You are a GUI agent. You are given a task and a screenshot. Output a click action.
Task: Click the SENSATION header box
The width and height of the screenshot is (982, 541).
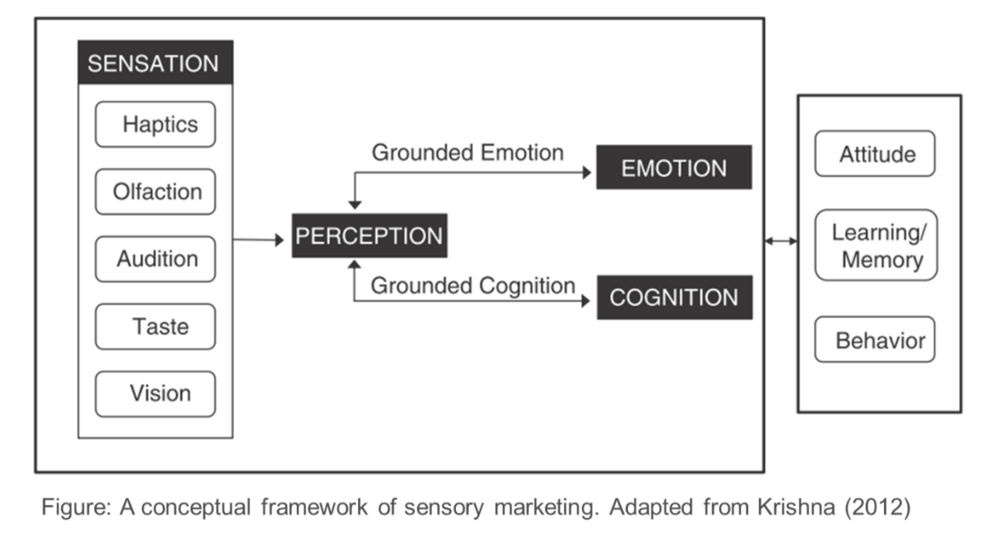(x=155, y=62)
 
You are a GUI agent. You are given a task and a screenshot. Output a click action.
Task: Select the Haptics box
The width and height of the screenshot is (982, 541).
(x=155, y=124)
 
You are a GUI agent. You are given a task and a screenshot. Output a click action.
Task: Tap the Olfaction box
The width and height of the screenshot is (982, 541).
(x=155, y=192)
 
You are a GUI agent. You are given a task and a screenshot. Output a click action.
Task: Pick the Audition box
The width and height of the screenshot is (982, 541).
(x=155, y=259)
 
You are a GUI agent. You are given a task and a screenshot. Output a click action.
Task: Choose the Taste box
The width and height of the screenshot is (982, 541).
(x=155, y=327)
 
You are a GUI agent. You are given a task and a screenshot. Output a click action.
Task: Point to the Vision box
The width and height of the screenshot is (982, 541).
(x=155, y=394)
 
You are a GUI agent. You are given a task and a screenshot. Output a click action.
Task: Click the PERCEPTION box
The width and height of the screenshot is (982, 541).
(x=369, y=236)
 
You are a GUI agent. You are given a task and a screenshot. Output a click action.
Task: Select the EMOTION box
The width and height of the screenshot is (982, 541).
(x=674, y=168)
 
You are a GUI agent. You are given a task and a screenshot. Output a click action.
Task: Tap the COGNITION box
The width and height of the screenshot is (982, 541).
(x=674, y=297)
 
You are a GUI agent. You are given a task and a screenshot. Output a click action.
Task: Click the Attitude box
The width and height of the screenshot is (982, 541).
(x=875, y=154)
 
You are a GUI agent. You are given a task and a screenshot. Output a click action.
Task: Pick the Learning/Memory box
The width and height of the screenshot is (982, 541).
(x=876, y=245)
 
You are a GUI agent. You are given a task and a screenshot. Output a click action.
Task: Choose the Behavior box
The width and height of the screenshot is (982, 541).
(x=875, y=339)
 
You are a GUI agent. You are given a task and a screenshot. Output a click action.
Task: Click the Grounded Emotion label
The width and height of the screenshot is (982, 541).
(x=468, y=153)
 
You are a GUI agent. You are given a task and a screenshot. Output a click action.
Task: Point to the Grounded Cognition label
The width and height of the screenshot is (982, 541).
(x=472, y=286)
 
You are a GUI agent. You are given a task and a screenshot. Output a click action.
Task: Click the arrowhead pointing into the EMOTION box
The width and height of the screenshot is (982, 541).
(x=587, y=173)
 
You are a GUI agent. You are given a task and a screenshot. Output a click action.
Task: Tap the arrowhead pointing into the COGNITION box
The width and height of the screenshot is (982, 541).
(x=586, y=301)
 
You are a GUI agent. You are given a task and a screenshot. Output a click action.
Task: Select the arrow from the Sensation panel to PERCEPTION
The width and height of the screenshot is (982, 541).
(x=258, y=240)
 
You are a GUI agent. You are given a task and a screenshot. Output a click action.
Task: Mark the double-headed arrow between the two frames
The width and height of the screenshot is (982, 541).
(x=781, y=241)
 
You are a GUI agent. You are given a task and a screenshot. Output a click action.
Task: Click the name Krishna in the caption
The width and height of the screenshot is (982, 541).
(x=796, y=507)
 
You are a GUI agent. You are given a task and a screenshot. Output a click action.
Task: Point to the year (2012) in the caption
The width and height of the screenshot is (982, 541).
(x=878, y=507)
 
